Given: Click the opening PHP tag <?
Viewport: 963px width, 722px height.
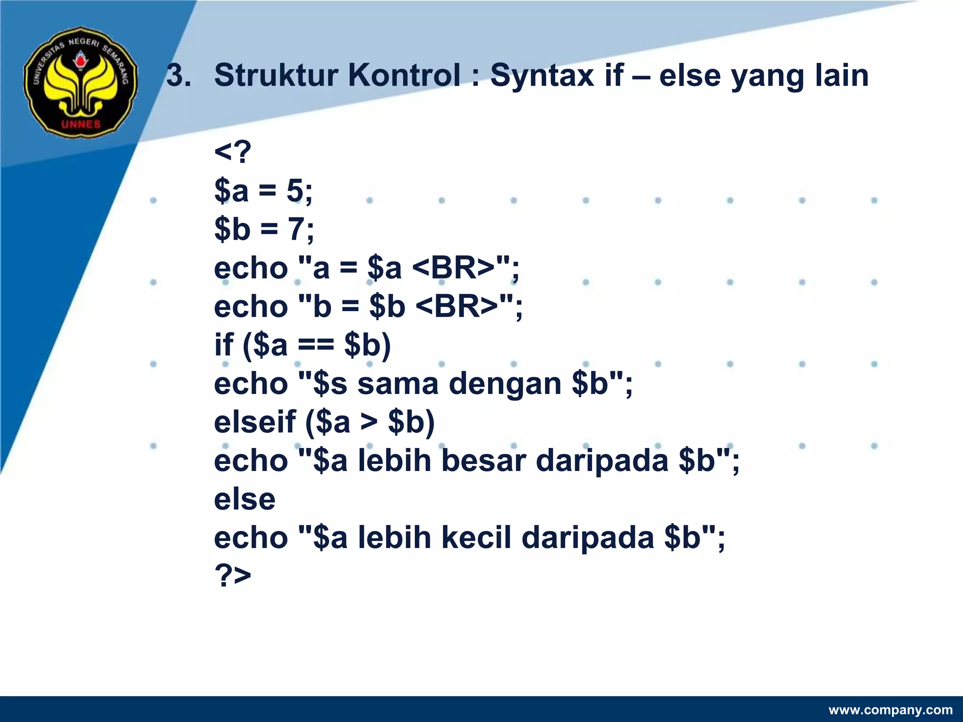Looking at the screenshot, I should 233,152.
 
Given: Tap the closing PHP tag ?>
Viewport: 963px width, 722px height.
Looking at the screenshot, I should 233,575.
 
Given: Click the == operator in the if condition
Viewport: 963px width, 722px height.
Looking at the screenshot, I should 316,345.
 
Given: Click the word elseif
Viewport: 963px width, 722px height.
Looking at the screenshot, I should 255,422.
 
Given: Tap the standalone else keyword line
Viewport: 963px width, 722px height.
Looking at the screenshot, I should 245,499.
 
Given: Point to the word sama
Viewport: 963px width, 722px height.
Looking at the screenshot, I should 398,384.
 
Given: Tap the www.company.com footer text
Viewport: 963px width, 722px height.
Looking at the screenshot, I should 891,710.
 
